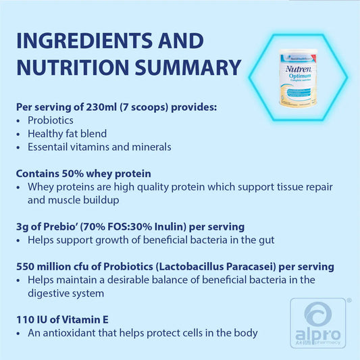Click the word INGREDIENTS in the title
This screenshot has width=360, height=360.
[x=84, y=41]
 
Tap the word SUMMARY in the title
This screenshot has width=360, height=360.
[x=188, y=68]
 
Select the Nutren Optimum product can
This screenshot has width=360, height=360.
[x=298, y=78]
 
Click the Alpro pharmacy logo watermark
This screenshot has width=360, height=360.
[x=318, y=323]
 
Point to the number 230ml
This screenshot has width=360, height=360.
[x=101, y=107]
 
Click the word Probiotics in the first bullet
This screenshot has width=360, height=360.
[x=51, y=120]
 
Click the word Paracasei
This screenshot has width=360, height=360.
[x=251, y=267]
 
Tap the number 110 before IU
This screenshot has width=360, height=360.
[x=24, y=320]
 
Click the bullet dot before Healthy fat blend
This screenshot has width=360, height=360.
[x=18, y=134]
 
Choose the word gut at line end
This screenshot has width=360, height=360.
[x=267, y=240]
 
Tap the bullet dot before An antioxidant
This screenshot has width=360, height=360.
[x=18, y=334]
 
